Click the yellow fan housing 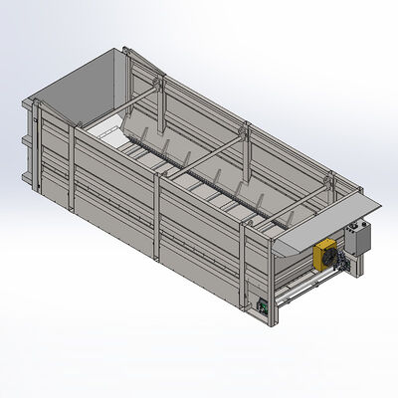tap(325, 256)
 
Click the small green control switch tap(263, 306)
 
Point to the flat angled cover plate tap(329, 221)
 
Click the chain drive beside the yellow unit tap(344, 265)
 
